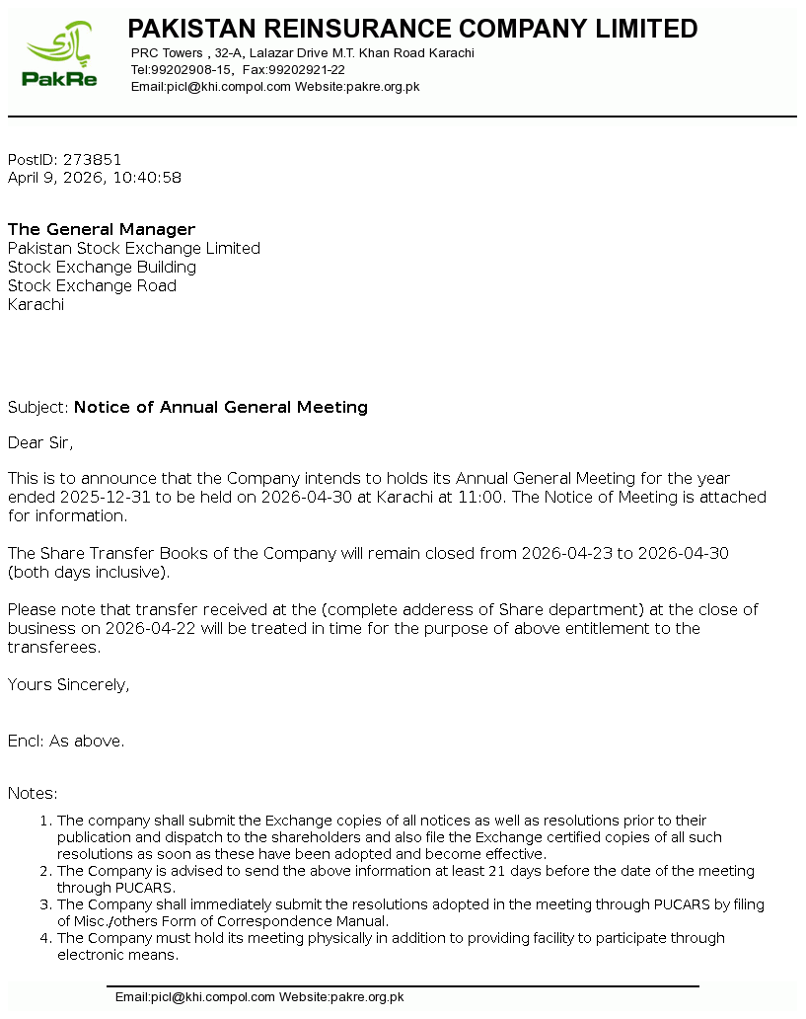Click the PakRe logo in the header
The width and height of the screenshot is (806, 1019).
tap(61, 57)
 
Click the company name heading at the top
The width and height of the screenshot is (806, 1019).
tap(412, 29)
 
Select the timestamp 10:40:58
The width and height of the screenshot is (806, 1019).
tap(148, 178)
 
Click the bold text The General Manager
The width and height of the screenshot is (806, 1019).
tap(102, 230)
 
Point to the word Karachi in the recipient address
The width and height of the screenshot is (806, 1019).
tap(36, 305)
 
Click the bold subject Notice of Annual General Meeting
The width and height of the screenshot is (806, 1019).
tap(221, 407)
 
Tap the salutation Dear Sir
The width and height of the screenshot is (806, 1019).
tap(40, 442)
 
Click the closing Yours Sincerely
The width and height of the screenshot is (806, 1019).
tap(68, 684)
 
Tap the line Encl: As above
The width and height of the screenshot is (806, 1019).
tap(66, 741)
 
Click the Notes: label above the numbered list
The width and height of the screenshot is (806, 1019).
tap(33, 793)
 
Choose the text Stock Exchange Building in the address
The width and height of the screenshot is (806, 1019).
tap(102, 268)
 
